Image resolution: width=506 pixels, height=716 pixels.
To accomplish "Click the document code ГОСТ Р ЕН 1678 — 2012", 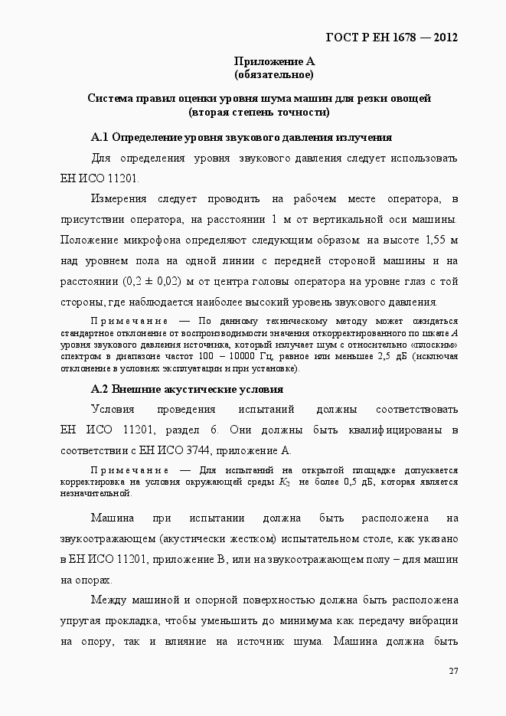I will pyautogui.click(x=392, y=38).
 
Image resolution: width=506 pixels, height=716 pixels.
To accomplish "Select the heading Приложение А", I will pyautogui.click(x=274, y=61).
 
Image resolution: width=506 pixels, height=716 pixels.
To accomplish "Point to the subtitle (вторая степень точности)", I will pyautogui.click(x=259, y=112).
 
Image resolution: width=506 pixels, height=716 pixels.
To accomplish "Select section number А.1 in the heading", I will pyautogui.click(x=100, y=138).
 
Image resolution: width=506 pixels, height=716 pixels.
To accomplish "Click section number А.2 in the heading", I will pyautogui.click(x=100, y=389).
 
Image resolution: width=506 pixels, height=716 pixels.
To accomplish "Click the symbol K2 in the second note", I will pyautogui.click(x=284, y=482).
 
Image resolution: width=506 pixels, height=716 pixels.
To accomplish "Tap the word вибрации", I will pyautogui.click(x=433, y=620).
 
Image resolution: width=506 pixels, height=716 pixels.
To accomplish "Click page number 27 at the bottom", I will pyautogui.click(x=453, y=671).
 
